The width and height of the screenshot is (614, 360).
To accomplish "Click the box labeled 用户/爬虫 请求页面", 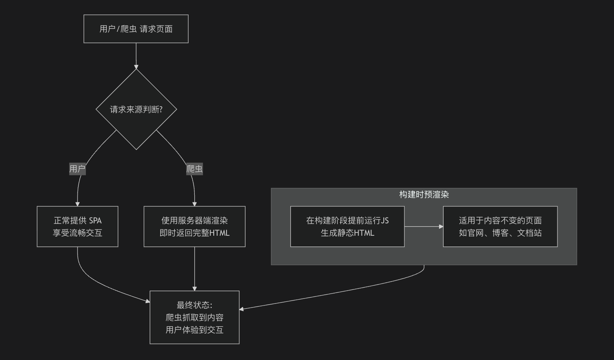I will coord(136,29).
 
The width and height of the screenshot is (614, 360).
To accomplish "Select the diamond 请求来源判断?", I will coord(136,109).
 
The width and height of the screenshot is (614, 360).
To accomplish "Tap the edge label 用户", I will coord(77,169).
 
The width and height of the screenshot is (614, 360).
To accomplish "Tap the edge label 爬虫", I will coord(194,169).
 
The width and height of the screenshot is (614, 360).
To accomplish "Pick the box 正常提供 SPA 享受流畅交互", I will coord(78,227).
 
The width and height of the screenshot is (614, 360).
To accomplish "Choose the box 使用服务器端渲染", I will coord(194,220).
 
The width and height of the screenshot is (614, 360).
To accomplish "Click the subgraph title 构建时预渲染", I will coord(424,194).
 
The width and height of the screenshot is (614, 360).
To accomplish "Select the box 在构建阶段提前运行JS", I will coord(347,220).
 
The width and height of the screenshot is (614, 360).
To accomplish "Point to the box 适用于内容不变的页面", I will coord(500,220).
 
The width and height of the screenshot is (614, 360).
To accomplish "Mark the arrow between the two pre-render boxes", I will coord(423,227).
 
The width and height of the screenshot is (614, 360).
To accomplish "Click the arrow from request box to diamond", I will coord(136,56).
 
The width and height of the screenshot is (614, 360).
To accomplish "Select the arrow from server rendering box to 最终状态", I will coord(194,268).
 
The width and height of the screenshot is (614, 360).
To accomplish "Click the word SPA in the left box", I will coord(95,220).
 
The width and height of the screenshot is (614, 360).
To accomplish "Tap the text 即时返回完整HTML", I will coord(194,233).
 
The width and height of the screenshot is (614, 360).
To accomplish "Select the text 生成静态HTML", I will coord(347,233).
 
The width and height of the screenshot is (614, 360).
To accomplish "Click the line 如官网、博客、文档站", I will coord(500,233).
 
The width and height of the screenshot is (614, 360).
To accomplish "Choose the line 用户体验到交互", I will coord(194,330).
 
